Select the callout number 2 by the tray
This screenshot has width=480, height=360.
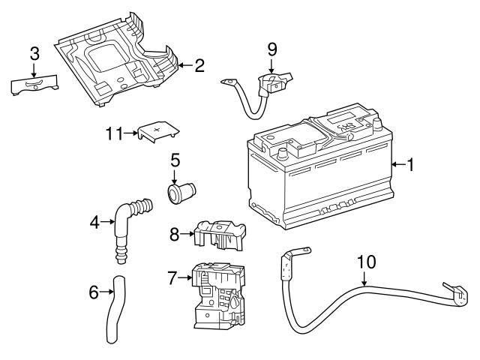coord(199,65)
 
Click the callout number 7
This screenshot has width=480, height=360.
coord(172,278)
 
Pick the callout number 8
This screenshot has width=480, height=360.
coord(173,234)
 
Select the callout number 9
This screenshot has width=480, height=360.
coord(272,49)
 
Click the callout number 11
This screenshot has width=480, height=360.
coord(113,133)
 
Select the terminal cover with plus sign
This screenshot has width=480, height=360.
coord(158,132)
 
